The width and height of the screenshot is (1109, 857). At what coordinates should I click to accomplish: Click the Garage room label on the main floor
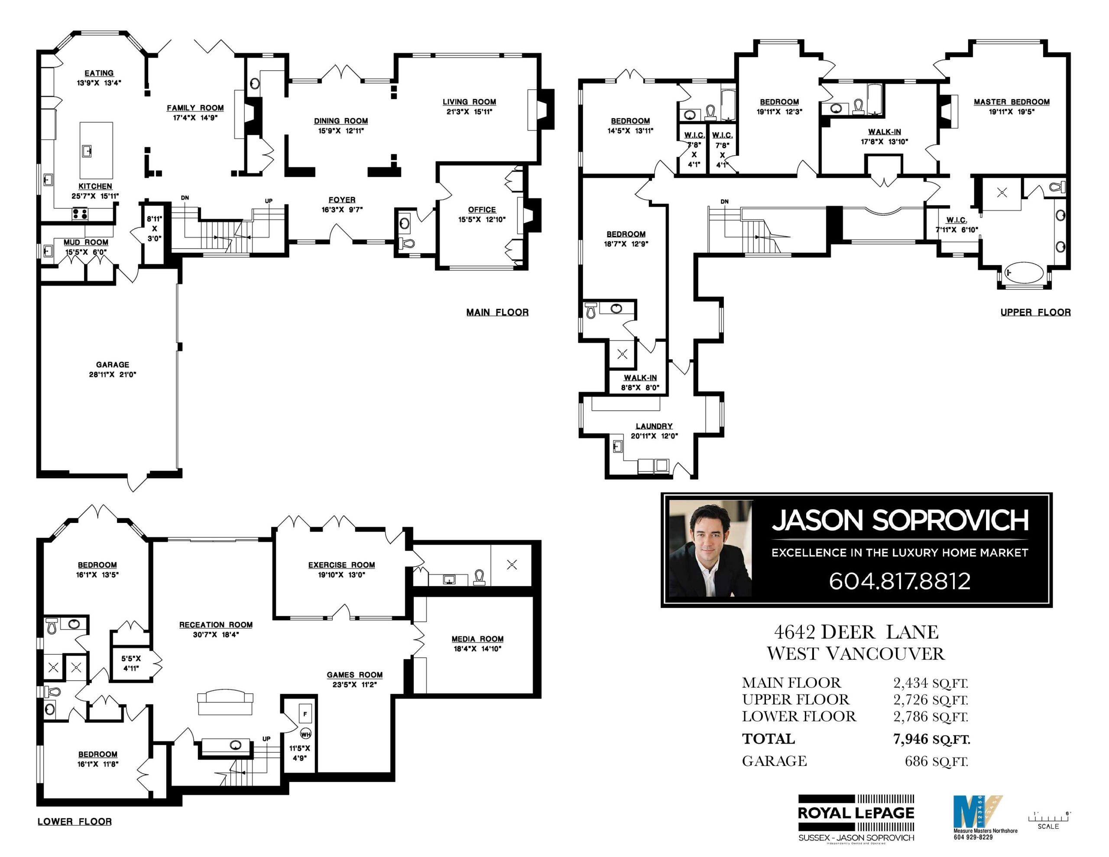point(112,365)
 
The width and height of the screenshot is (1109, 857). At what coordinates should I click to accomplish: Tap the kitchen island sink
point(87,151)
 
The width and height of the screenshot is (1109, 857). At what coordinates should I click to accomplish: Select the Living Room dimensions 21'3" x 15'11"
point(469,112)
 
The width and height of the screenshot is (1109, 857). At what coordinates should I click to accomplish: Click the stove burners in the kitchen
point(80,214)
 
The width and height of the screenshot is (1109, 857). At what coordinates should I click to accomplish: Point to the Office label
point(481,209)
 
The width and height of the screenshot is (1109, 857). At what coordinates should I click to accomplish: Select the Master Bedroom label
point(1011,101)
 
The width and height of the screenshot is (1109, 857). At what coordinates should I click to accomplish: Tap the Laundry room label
point(654,426)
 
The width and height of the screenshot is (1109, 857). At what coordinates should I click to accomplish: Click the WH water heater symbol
point(305,734)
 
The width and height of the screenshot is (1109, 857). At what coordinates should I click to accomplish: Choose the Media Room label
point(477,639)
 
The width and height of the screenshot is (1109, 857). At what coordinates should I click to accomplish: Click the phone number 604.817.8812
point(899,581)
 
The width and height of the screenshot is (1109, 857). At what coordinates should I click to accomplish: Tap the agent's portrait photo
point(710,549)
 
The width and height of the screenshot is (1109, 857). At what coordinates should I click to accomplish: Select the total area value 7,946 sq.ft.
point(931,739)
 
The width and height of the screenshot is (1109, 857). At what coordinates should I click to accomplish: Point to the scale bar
point(1048,818)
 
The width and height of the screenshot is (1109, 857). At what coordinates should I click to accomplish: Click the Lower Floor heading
point(75,821)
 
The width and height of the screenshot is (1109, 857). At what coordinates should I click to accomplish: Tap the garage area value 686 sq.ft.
point(936,761)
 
